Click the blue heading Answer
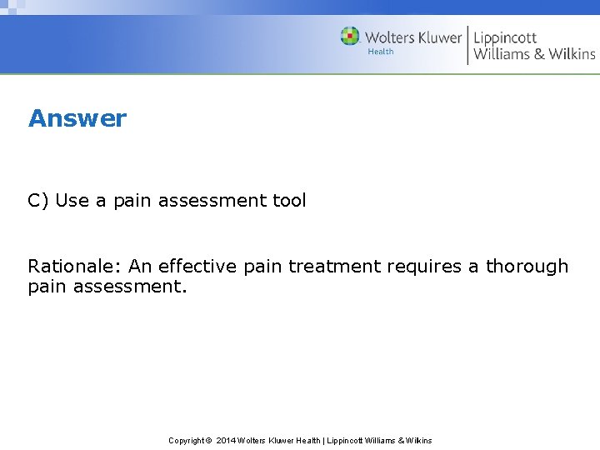[77, 118]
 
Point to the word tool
[288, 201]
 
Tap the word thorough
[527, 267]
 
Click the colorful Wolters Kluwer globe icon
[350, 37]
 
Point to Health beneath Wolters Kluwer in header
[381, 52]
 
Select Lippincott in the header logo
[505, 37]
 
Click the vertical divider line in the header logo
[467, 45]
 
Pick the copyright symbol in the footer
[209, 440]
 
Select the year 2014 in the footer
[226, 440]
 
